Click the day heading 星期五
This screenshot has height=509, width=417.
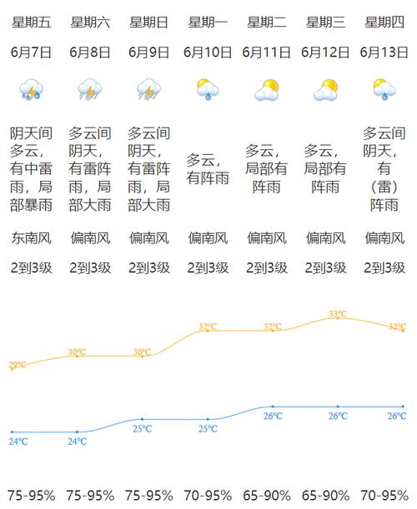(32, 22)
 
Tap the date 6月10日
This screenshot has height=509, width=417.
(208, 52)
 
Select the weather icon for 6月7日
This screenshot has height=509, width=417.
(32, 89)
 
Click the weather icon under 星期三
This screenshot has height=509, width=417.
(325, 89)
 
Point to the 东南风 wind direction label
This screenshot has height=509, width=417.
(32, 239)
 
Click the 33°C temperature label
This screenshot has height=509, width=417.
(338, 314)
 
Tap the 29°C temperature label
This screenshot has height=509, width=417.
(17, 365)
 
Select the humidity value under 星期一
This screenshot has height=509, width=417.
(208, 495)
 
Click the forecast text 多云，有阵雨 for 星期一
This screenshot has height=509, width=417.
(208, 168)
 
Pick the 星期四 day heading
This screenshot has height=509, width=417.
(384, 22)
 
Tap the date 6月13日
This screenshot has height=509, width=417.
(384, 52)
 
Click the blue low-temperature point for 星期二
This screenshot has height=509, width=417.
(273, 407)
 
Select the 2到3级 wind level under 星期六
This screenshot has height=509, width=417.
(90, 268)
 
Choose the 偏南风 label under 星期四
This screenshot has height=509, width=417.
(384, 239)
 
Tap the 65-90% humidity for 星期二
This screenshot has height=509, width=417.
(267, 495)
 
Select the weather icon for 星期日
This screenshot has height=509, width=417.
(149, 89)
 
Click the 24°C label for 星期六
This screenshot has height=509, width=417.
(77, 441)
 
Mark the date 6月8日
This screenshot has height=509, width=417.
(90, 52)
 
